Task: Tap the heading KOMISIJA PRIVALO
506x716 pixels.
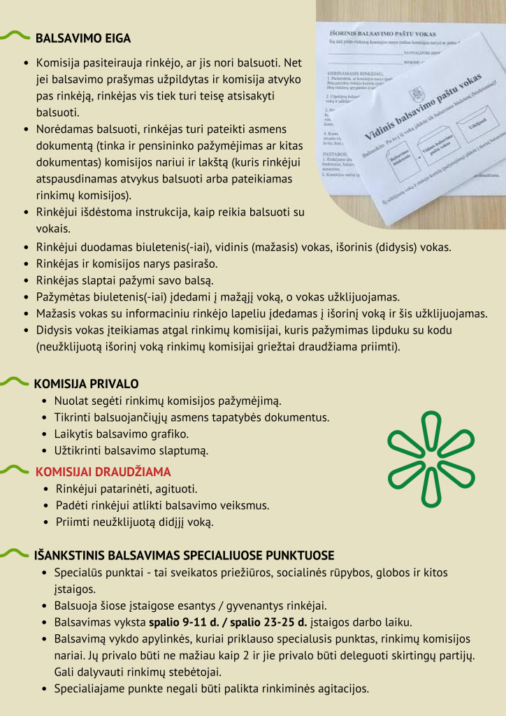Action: (x=86, y=384)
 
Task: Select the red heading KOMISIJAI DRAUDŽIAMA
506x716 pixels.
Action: (x=103, y=472)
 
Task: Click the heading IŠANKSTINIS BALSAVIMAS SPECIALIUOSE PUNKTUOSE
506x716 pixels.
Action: (x=184, y=556)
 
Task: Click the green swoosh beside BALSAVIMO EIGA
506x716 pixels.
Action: (x=16, y=36)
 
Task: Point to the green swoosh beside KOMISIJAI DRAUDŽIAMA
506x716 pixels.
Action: (x=16, y=470)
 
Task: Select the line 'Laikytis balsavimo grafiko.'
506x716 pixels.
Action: (x=122, y=434)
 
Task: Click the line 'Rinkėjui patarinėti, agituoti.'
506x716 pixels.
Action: (x=126, y=489)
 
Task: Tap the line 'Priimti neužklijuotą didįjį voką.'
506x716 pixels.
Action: (x=134, y=522)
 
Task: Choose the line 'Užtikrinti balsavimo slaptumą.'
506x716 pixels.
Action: (x=131, y=451)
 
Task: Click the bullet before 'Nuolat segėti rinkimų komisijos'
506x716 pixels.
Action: (x=45, y=402)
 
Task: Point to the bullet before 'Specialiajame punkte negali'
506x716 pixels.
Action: (x=45, y=689)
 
